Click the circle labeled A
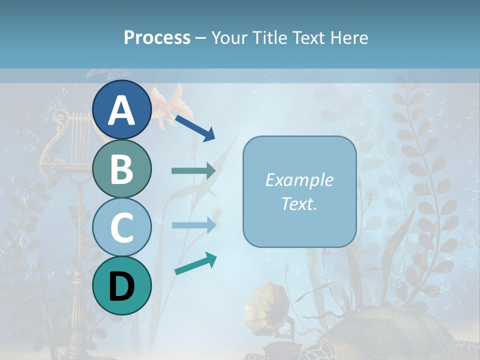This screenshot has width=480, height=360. coord(122,110)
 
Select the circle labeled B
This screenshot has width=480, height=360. coord(122,169)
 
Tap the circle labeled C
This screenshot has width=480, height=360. coord(122,227)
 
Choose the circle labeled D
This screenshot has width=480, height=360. coord(122,285)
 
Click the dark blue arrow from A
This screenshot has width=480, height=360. coord(195,128)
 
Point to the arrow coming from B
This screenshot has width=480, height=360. coord(193,171)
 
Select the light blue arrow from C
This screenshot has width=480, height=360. coord(193,225)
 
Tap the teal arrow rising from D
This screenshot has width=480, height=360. coord(195,263)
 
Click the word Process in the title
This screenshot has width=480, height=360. coord(157,37)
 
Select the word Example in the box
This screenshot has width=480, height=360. coord(299,180)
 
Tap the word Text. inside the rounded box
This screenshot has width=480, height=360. coord(299,203)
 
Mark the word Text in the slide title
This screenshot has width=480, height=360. coord(309,37)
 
